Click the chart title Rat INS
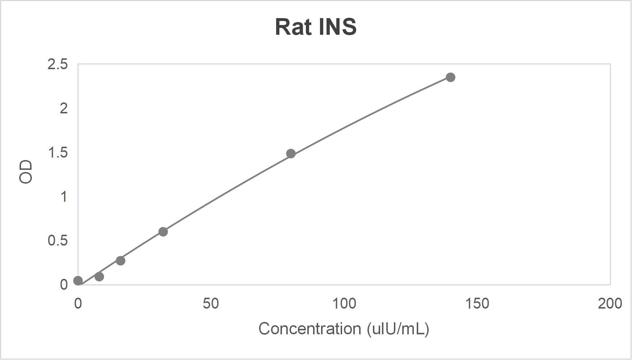click(x=316, y=27)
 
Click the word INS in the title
click(x=337, y=27)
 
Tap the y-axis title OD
click(x=26, y=172)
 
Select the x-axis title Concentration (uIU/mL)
click(x=344, y=329)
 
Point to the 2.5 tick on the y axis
click(x=58, y=64)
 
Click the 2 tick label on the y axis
click(x=64, y=108)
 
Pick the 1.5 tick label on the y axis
click(x=58, y=152)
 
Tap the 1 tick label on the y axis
click(x=64, y=197)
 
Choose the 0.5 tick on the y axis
click(x=58, y=240)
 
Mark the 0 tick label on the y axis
click(x=64, y=285)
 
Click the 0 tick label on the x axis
click(x=78, y=304)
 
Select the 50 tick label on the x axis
click(x=211, y=304)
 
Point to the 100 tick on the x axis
click(x=344, y=304)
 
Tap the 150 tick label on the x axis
click(x=477, y=304)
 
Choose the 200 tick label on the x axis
click(x=610, y=304)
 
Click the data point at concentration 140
click(x=450, y=77)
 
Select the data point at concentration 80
click(x=291, y=154)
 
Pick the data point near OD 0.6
click(x=163, y=232)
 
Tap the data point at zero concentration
click(x=78, y=281)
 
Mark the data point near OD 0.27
click(x=121, y=261)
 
